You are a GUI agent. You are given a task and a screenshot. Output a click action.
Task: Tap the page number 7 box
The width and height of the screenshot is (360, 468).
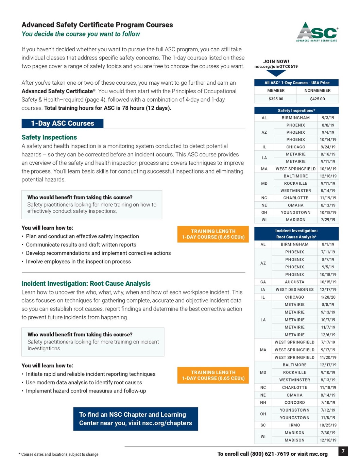coord(343,451)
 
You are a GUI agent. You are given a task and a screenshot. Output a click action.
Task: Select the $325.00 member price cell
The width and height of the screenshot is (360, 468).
coord(276,99)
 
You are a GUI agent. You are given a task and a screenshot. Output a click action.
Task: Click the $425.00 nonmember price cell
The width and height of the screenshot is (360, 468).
coord(317,99)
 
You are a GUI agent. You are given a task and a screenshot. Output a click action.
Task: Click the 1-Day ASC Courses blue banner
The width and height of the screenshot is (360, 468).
coord(63,123)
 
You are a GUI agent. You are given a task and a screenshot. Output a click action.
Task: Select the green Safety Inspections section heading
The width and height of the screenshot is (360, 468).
coord(49,137)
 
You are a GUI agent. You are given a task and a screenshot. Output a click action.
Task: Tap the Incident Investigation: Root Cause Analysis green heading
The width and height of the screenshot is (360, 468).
coord(86,284)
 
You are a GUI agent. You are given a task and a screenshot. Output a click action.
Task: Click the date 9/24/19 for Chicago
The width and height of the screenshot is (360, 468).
coord(328,147)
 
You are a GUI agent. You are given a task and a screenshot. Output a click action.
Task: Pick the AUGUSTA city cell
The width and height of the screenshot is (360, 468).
coord(294,282)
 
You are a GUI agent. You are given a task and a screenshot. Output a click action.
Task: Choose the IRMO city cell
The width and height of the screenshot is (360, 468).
coord(294,425)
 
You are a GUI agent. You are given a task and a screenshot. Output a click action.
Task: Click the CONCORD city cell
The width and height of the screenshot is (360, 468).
coord(294,403)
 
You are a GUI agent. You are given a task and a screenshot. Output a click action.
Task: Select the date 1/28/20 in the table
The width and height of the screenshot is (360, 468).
coord(328,297)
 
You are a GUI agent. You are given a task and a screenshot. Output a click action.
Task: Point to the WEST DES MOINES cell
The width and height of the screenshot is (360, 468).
coord(294,290)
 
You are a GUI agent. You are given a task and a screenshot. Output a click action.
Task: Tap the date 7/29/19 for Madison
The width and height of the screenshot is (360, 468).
coord(328,220)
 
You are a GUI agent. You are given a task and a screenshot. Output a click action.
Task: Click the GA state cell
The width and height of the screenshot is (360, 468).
coord(263,282)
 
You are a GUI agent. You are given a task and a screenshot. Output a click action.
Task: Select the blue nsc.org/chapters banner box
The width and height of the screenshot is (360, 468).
coord(136,419)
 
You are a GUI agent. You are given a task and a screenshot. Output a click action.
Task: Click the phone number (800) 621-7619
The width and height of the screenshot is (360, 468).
coord(270,454)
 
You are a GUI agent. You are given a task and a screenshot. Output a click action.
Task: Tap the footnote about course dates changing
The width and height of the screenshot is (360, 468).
coord(59,454)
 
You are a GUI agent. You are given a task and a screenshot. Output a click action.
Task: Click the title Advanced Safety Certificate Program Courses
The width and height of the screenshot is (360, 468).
coord(97,25)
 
